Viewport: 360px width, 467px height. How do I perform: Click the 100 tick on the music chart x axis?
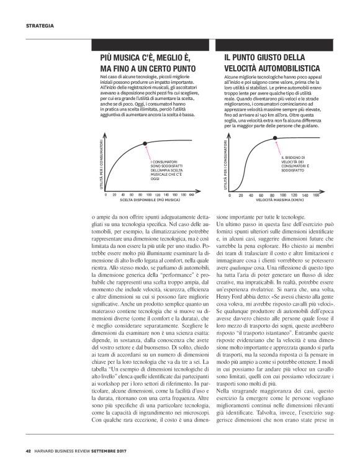pos(149,194)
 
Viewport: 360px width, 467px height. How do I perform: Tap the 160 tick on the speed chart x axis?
pos(316,194)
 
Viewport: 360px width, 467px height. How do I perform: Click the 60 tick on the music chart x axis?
pos(132,194)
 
